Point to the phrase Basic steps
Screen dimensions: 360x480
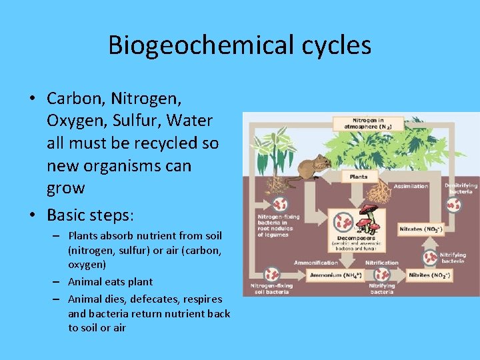pos(90,217)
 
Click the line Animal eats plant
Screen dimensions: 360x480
pos(110,281)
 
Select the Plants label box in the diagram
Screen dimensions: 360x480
pos(359,177)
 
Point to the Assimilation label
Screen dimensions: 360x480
pos(411,186)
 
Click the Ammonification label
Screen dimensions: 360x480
pos(315,263)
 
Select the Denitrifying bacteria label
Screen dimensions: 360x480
pos(461,187)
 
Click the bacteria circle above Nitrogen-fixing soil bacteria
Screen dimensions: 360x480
pos(271,273)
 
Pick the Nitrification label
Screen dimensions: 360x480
pos(382,263)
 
